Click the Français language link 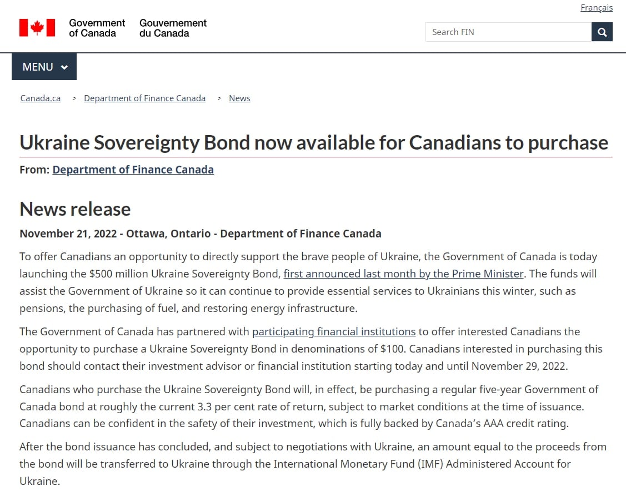click(x=597, y=8)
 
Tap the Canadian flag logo click(x=37, y=28)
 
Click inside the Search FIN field click(x=508, y=32)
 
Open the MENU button click(x=44, y=67)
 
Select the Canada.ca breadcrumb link click(x=41, y=98)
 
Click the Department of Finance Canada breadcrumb click(x=144, y=98)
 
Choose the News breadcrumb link click(x=239, y=98)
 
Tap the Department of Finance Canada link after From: click(x=133, y=170)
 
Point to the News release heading click(x=75, y=209)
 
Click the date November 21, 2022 click(x=68, y=234)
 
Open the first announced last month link click(x=403, y=274)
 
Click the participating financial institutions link click(x=334, y=332)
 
